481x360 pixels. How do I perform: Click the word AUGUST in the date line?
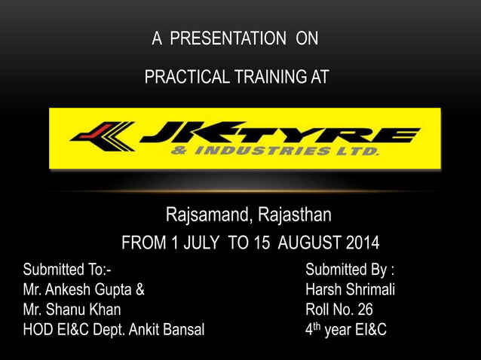pyautogui.click(x=310, y=244)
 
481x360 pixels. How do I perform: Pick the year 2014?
pyautogui.click(x=363, y=244)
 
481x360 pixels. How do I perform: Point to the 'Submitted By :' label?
pyautogui.click(x=350, y=270)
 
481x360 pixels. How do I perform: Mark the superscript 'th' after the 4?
pyautogui.click(x=317, y=325)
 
